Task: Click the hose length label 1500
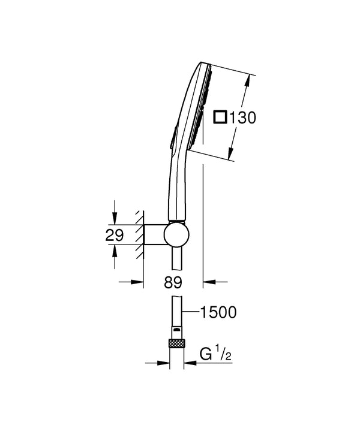pyautogui.click(x=218, y=312)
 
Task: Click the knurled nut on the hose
pyautogui.click(x=178, y=344)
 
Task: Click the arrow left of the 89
pyautogui.click(x=137, y=281)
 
